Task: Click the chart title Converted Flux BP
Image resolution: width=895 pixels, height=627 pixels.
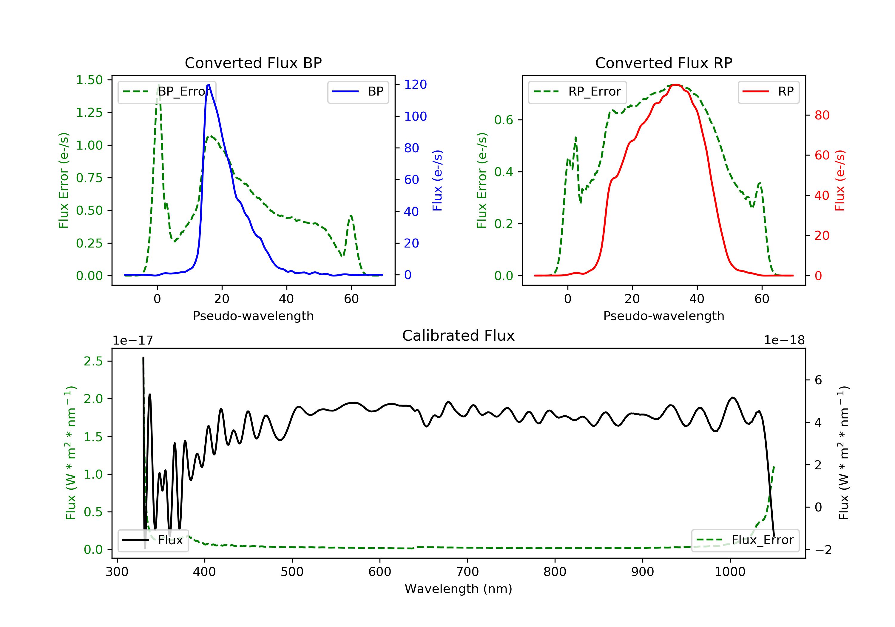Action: pyautogui.click(x=253, y=63)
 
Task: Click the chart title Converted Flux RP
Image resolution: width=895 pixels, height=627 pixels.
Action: pyautogui.click(x=664, y=63)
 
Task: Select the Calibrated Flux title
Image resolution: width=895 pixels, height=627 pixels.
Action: pyautogui.click(x=459, y=336)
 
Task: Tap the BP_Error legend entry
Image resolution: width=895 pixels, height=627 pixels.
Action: pyautogui.click(x=167, y=92)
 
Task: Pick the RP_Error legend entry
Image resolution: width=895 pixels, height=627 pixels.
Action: pyautogui.click(x=577, y=92)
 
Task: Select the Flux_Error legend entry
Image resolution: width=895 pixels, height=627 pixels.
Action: pyautogui.click(x=745, y=540)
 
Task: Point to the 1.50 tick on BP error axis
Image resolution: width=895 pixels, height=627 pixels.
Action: pyautogui.click(x=89, y=80)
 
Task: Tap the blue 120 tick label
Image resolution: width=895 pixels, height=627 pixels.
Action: pyautogui.click(x=416, y=84)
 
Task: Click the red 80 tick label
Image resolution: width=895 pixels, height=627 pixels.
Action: pyautogui.click(x=822, y=115)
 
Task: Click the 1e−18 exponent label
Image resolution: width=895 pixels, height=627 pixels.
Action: pyautogui.click(x=784, y=340)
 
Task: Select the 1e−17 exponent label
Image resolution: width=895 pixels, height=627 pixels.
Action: pyautogui.click(x=133, y=340)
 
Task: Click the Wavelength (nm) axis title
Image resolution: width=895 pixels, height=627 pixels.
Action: pyautogui.click(x=459, y=589)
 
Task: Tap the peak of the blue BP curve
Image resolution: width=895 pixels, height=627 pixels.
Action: pyautogui.click(x=209, y=85)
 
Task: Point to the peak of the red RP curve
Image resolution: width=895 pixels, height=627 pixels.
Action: pyautogui.click(x=676, y=85)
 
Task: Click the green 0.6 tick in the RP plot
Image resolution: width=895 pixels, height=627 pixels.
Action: pyautogui.click(x=504, y=120)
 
